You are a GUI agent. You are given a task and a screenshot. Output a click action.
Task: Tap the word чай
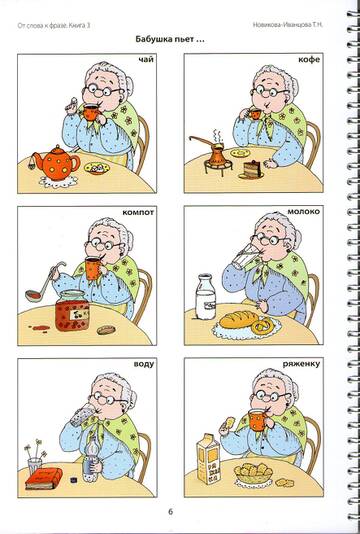tap(146, 60)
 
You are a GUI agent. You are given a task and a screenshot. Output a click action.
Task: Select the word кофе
tap(309, 60)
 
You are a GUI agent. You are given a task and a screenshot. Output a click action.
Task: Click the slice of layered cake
tap(251, 170)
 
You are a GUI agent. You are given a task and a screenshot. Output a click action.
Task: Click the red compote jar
tap(72, 310)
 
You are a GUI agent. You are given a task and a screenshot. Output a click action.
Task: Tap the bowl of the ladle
tap(34, 295)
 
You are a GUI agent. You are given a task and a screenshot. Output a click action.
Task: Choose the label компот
tap(138, 213)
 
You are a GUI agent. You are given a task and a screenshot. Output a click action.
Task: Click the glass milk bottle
tap(206, 297)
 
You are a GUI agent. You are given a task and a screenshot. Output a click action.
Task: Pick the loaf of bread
tap(238, 320)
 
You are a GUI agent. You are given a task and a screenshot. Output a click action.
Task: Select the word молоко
tap(303, 212)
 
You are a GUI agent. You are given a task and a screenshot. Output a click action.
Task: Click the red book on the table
tap(44, 478)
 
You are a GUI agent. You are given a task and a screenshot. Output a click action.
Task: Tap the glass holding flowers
tap(34, 466)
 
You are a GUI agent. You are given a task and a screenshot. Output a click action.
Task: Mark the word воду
tap(144, 364)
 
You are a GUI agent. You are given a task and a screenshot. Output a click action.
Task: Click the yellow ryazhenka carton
tap(208, 458)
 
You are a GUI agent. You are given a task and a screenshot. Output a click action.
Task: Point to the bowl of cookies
tap(253, 473)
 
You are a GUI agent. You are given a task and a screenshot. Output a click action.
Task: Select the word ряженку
tap(301, 364)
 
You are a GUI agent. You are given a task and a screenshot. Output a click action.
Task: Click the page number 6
tap(171, 512)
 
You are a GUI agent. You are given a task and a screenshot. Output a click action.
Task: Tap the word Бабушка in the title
tap(152, 39)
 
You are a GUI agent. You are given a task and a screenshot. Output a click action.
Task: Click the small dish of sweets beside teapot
tap(97, 168)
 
